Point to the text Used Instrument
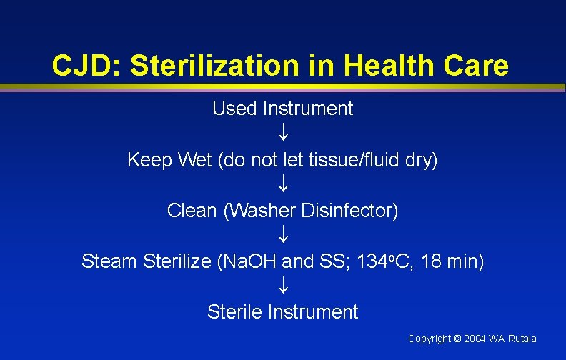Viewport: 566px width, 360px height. [282, 109]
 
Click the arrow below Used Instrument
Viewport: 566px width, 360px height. [283, 134]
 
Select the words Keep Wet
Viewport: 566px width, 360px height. [169, 160]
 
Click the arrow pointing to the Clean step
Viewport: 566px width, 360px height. [283, 184]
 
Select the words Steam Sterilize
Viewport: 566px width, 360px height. [146, 261]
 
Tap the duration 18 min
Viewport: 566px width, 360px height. [452, 261]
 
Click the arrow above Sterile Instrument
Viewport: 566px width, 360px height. [283, 286]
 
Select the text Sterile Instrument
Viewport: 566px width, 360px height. [282, 312]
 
